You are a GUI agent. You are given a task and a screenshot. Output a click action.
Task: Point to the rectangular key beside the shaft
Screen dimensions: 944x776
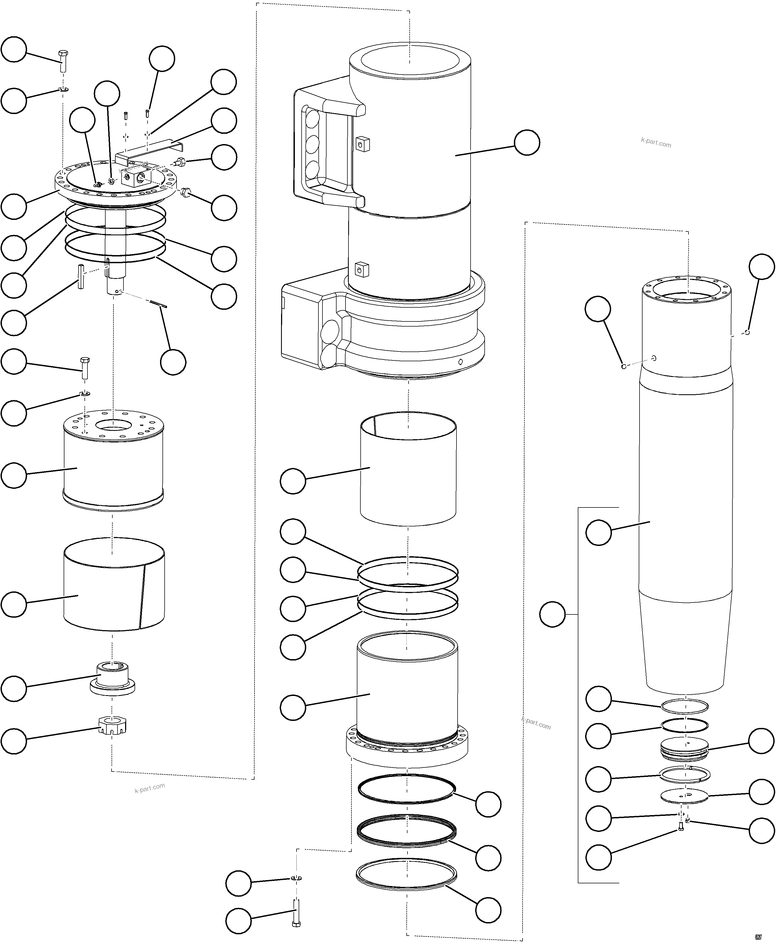coord(80,276)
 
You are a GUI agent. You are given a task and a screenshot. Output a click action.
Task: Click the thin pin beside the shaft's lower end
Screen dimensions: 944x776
coord(158,304)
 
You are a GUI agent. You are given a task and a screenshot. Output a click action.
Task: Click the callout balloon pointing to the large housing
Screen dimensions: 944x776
coord(527,143)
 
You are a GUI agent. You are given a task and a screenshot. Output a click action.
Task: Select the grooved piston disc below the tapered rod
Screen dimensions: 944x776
coord(684,748)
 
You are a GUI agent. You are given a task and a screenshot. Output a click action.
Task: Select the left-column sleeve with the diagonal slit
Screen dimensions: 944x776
coord(114,587)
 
